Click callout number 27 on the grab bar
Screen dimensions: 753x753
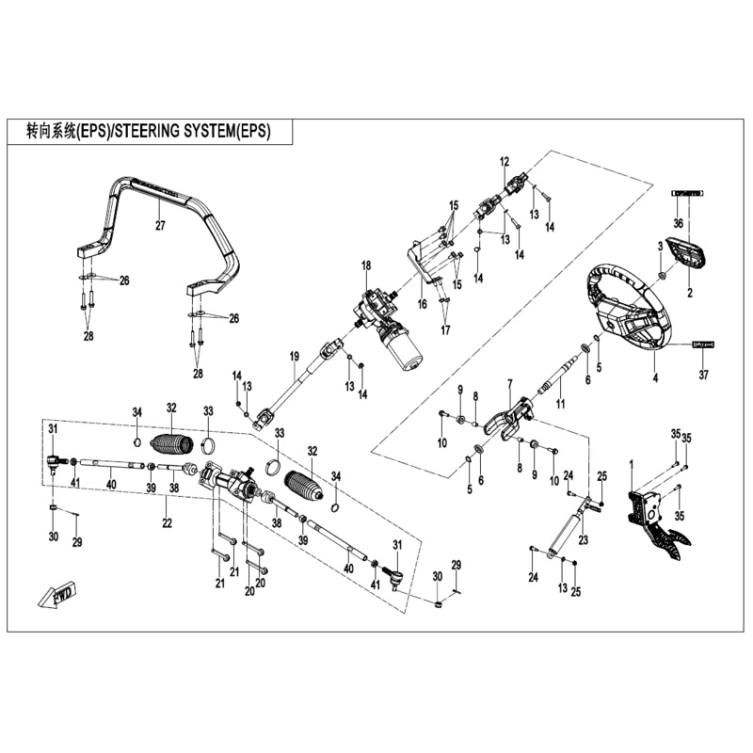pyautogui.click(x=160, y=226)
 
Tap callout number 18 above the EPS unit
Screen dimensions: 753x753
pyautogui.click(x=366, y=267)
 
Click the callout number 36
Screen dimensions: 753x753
pyautogui.click(x=678, y=222)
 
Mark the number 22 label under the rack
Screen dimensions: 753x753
pyautogui.click(x=166, y=523)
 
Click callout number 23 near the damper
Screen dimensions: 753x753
pyautogui.click(x=583, y=540)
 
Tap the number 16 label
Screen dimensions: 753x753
pyautogui.click(x=423, y=304)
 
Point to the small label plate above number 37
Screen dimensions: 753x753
pyautogui.click(x=704, y=345)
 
